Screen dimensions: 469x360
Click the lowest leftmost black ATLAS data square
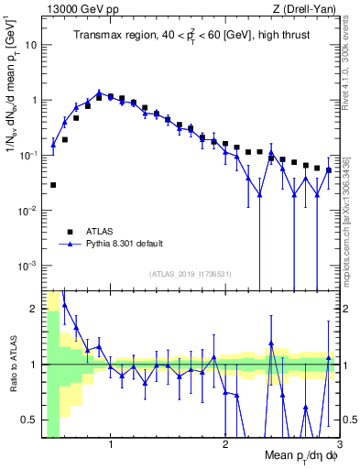(x=53, y=185)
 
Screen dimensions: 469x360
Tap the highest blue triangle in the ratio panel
(x=64, y=305)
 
